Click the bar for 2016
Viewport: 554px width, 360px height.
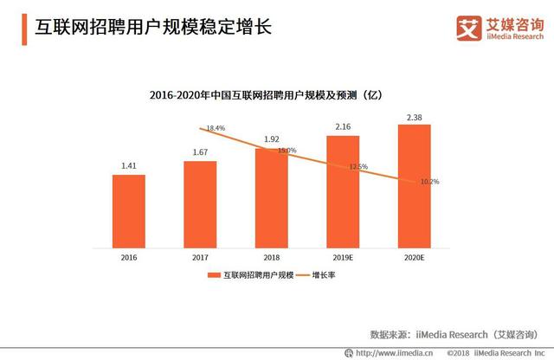tap(128, 210)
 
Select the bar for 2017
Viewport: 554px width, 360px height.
tap(200, 203)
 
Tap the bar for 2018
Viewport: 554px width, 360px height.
tap(271, 197)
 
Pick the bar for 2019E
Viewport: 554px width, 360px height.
tap(343, 191)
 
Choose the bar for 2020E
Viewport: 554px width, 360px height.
tap(414, 185)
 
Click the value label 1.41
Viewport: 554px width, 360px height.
tap(128, 166)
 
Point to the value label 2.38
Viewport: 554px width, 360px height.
tap(414, 116)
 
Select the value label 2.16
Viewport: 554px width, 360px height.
tap(343, 127)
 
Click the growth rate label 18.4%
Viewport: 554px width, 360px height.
tap(216, 128)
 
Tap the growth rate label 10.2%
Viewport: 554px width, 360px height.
tap(430, 182)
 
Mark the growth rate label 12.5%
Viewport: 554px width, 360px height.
tap(358, 167)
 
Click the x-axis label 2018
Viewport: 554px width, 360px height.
tap(271, 257)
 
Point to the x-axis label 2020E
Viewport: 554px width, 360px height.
tap(414, 257)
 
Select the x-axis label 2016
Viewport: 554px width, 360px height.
tap(128, 257)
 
